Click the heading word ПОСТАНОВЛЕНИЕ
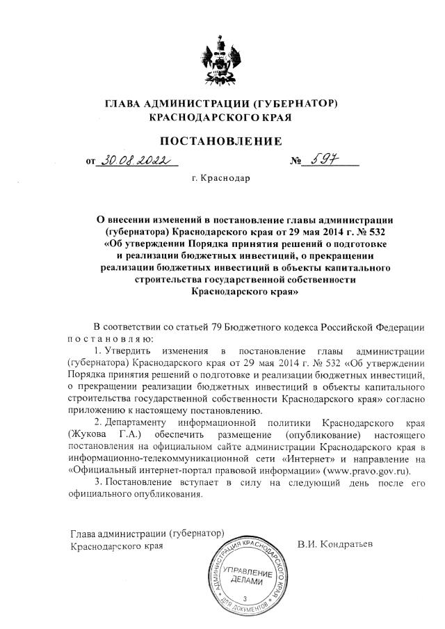[220, 141]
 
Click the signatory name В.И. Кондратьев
[334, 543]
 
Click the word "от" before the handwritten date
[90, 162]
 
